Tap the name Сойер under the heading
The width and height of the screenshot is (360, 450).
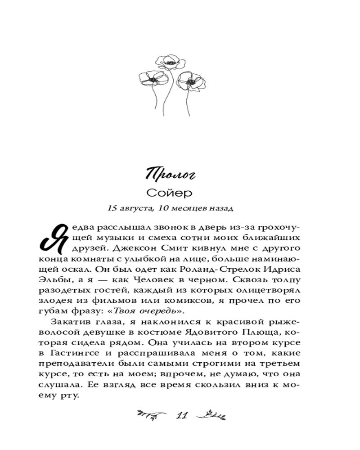tap(170, 193)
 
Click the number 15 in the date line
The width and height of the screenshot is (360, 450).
tap(112, 209)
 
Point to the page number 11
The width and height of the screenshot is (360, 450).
tap(181, 415)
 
